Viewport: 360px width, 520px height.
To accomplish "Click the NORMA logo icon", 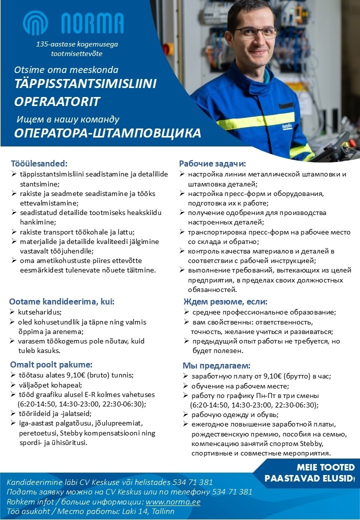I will coord(38,23).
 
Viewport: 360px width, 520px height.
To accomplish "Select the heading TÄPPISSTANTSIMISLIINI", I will coord(85,84).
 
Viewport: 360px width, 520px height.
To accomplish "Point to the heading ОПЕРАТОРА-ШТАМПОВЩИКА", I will coord(107,133).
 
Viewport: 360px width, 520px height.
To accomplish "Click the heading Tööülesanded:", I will coord(38,163).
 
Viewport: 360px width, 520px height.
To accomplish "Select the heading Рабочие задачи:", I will coord(212,163).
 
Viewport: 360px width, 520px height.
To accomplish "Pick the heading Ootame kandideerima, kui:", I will coord(62,301).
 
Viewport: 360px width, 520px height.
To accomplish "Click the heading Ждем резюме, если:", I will coord(225,301).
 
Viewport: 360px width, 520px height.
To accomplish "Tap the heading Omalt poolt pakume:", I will coord(51,364).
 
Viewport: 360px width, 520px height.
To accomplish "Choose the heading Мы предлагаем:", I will coord(216,365).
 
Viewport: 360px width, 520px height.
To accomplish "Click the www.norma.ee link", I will coord(172,501).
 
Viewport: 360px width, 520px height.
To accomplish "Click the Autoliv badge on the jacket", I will coord(289,126).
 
